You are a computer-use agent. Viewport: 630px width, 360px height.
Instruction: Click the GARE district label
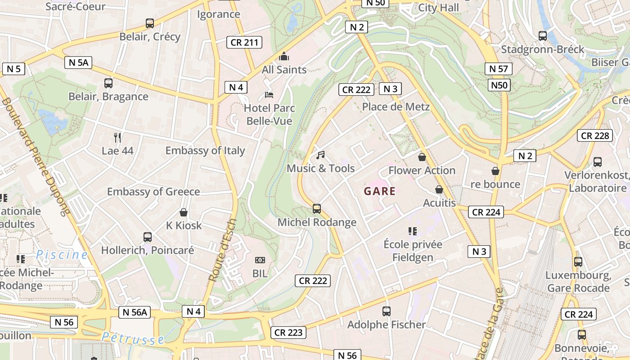380,191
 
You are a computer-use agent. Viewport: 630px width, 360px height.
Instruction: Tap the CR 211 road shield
244,43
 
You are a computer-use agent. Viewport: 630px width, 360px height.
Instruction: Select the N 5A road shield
78,63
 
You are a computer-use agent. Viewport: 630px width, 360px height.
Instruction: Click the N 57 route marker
498,69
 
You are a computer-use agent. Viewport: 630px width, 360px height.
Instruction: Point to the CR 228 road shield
595,135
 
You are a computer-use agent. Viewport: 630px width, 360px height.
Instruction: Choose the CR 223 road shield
288,333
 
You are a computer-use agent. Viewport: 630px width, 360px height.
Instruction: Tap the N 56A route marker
135,312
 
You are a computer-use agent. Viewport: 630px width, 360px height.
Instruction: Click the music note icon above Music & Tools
320,155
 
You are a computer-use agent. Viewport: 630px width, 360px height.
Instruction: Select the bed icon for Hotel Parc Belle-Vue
269,95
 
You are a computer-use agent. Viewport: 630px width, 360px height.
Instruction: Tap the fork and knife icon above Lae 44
117,137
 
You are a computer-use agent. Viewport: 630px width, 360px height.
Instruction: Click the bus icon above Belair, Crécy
150,23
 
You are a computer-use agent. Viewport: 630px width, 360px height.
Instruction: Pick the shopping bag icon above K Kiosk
184,212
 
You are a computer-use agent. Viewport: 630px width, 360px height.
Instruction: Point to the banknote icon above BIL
260,260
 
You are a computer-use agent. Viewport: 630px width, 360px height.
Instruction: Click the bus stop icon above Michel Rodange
317,209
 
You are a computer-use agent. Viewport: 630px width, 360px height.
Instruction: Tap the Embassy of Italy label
205,151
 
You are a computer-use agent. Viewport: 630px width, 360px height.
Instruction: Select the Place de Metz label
396,107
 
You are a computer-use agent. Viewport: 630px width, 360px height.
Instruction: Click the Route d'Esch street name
223,250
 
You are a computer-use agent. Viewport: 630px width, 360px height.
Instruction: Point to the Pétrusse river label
133,338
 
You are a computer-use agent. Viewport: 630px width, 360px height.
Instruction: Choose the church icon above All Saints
284,57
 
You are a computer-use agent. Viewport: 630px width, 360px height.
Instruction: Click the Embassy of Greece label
153,192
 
